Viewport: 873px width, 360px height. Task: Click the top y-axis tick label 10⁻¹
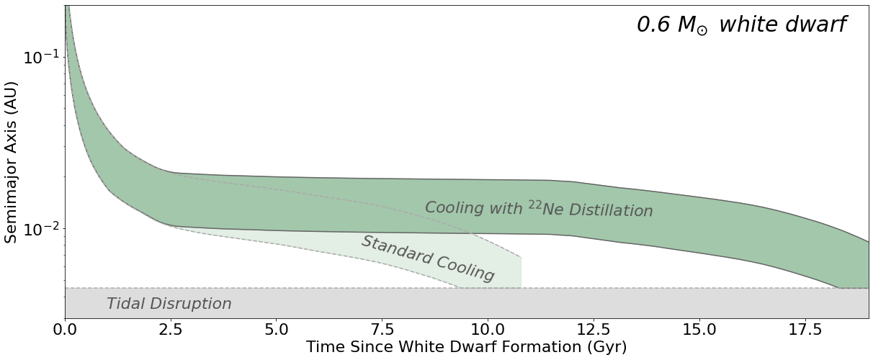(x=40, y=57)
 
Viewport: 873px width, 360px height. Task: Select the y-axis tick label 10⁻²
(x=40, y=229)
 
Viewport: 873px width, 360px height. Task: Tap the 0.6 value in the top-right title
(x=653, y=24)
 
